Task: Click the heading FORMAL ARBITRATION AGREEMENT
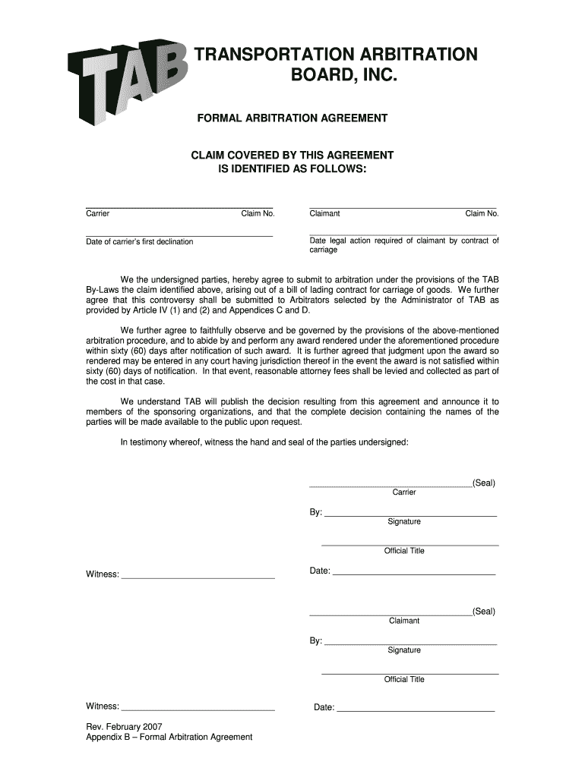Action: (x=292, y=118)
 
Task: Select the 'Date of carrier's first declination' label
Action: (x=139, y=241)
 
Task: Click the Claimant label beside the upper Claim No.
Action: (x=324, y=213)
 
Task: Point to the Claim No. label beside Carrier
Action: (x=258, y=213)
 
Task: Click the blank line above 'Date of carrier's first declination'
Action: (x=179, y=235)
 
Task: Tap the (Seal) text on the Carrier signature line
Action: (x=483, y=483)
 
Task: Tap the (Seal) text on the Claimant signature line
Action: (x=483, y=612)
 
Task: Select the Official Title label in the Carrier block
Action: (x=404, y=551)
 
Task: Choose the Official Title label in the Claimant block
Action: (x=404, y=679)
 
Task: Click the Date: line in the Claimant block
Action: (x=416, y=709)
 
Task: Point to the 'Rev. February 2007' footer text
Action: (x=124, y=726)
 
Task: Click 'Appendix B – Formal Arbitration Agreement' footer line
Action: (x=169, y=738)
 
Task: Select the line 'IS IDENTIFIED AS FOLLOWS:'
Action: (x=292, y=168)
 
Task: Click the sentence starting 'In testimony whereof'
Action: (x=264, y=442)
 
